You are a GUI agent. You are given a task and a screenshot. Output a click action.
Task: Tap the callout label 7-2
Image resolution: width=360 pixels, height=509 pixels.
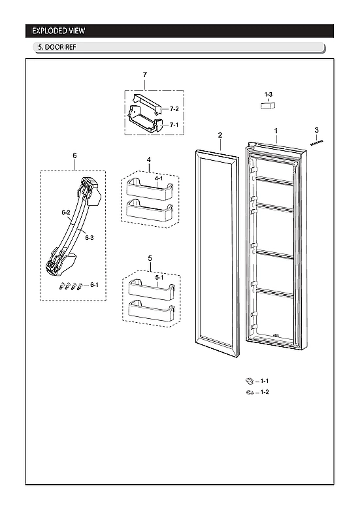[x=174, y=108]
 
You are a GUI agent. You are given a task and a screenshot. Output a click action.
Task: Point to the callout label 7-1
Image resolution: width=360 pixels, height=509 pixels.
[x=174, y=124]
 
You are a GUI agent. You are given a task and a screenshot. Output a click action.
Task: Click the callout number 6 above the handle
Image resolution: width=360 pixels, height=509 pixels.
[x=74, y=156]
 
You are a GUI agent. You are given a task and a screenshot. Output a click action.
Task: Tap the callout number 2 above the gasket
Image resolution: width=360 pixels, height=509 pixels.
[x=220, y=135]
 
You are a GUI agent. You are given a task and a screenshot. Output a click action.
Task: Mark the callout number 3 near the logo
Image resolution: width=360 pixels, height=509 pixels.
[x=316, y=130]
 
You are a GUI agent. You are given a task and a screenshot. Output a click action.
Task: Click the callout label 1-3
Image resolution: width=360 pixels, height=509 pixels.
[x=269, y=95]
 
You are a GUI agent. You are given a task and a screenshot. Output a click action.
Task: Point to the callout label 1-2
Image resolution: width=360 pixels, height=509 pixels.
[x=264, y=392]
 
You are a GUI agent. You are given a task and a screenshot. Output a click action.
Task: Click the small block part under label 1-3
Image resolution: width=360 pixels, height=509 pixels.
[x=268, y=107]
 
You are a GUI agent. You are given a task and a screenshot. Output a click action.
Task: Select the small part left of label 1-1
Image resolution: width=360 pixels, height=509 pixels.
[x=249, y=380]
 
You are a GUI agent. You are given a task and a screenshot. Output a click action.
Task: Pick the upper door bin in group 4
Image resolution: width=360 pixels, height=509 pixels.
[x=149, y=189]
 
